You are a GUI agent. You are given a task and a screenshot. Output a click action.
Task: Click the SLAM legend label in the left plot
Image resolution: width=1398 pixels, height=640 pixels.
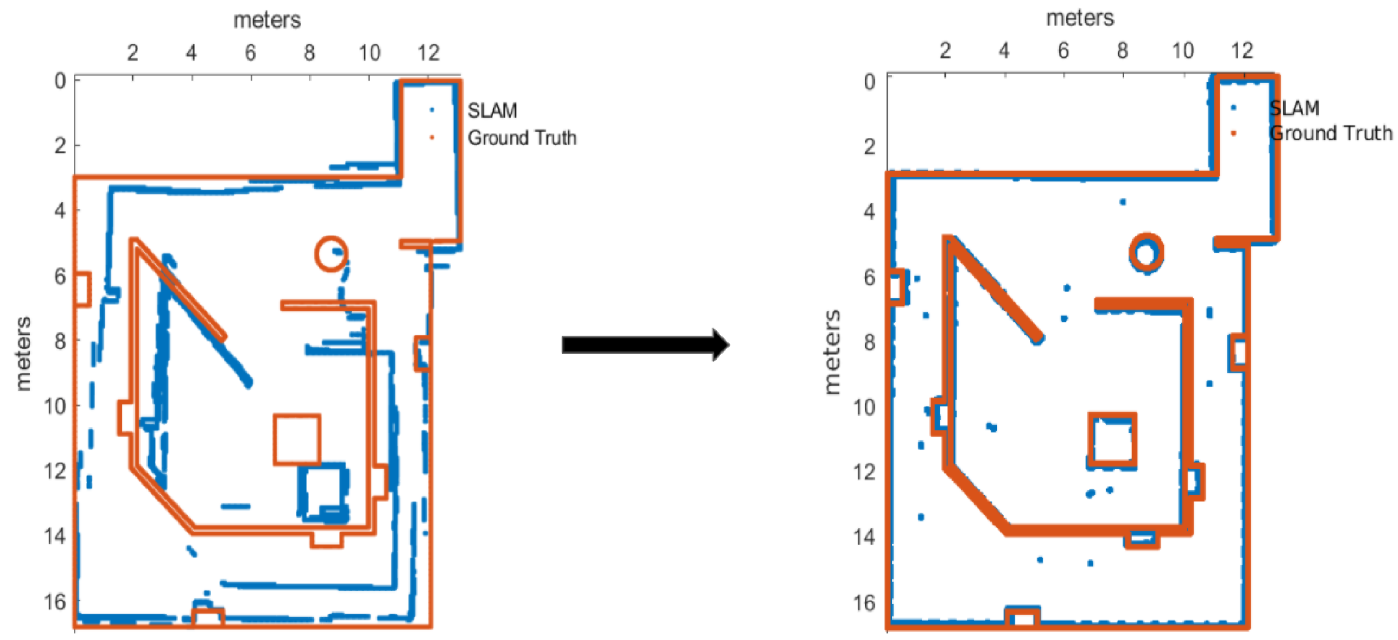(x=492, y=111)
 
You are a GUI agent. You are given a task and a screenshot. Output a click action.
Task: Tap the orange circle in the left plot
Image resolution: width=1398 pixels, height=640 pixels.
(x=330, y=253)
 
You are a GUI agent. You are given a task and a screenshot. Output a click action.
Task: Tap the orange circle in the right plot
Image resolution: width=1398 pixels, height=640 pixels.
(x=1146, y=252)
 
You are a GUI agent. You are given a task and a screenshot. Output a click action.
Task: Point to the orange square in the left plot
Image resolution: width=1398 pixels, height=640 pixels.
(x=297, y=439)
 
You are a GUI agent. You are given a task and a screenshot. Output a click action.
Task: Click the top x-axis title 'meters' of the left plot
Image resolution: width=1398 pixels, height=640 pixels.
(x=267, y=20)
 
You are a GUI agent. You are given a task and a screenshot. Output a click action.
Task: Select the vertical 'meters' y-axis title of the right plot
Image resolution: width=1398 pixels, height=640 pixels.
(x=832, y=352)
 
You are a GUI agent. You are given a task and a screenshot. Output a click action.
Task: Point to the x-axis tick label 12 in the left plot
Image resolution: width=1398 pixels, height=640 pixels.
(x=428, y=53)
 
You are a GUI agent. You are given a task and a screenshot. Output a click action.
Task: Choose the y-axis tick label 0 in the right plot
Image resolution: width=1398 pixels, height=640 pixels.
(x=869, y=82)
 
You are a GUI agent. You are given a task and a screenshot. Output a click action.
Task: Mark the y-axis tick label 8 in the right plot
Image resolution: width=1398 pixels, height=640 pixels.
(x=869, y=342)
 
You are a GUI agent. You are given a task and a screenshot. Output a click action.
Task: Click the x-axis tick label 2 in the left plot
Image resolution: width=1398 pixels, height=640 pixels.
(x=132, y=53)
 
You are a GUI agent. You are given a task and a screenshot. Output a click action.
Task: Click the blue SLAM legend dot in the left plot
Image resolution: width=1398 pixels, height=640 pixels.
(x=432, y=110)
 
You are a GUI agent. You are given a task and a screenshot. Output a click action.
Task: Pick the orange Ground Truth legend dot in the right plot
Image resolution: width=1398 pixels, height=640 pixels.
(x=1234, y=133)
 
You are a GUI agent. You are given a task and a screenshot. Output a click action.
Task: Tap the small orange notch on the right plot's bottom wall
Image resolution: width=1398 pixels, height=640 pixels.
(x=1023, y=618)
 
